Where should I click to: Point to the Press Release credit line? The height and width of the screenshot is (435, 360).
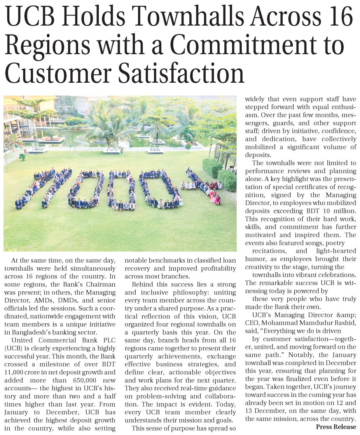336,426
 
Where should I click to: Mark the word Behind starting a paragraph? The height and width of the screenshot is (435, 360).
142,285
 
